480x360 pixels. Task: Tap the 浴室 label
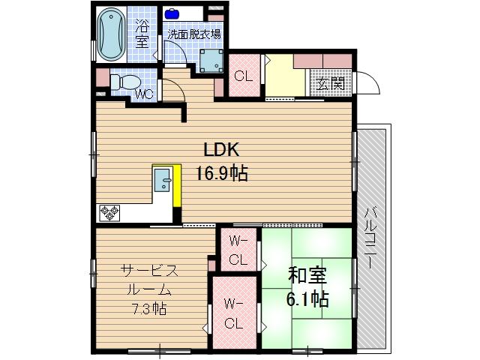[x=142, y=34]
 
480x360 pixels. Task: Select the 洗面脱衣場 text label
[x=193, y=34]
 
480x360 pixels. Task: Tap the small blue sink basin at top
[x=173, y=13]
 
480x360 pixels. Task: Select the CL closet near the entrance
[x=242, y=76]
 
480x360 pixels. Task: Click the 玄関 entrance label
[x=330, y=83]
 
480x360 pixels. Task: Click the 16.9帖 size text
[x=223, y=174]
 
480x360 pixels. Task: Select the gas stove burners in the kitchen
[x=109, y=213]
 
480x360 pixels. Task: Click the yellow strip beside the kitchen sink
[x=177, y=186]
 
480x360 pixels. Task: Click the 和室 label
[x=307, y=276]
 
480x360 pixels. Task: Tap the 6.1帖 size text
[x=307, y=299]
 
